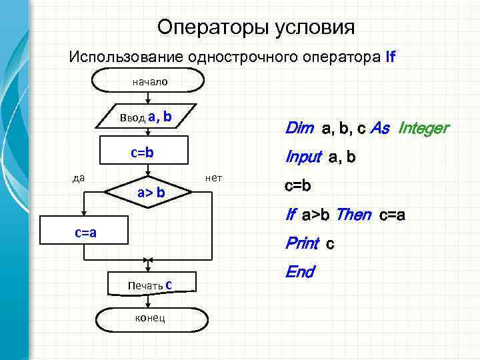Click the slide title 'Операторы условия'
[x=256, y=27]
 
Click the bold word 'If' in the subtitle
[x=391, y=57]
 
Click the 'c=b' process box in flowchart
[x=142, y=153]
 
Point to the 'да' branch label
[x=79, y=177]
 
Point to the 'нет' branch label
[x=214, y=177]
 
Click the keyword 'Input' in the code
[x=303, y=158]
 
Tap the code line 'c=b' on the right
[x=297, y=186]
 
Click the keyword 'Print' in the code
[x=302, y=244]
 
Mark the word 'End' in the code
[x=299, y=272]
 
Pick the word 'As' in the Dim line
[x=379, y=128]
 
